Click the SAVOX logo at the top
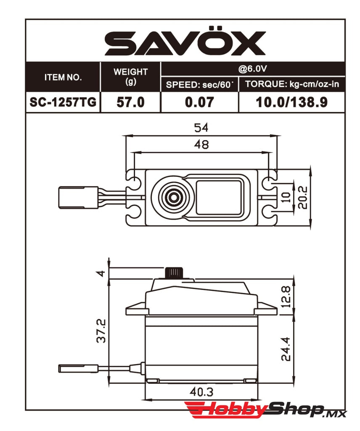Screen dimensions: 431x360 coord(185,43)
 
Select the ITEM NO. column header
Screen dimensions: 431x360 coord(63,77)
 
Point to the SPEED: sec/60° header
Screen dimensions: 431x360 coord(199,85)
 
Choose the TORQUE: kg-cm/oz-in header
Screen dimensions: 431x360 coord(292,84)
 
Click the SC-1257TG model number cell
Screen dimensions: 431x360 coord(63,102)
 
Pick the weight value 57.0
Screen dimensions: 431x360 coord(130,102)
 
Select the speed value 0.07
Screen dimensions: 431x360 coord(199,102)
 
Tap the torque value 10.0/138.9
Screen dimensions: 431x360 coord(292,102)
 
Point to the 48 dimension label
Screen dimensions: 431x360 coord(201,144)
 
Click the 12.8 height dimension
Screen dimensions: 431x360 coord(286,297)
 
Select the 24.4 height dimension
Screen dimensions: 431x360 coord(286,349)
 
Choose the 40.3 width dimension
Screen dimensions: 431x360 coord(201,392)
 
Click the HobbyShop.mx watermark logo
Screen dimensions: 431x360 coord(265,410)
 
